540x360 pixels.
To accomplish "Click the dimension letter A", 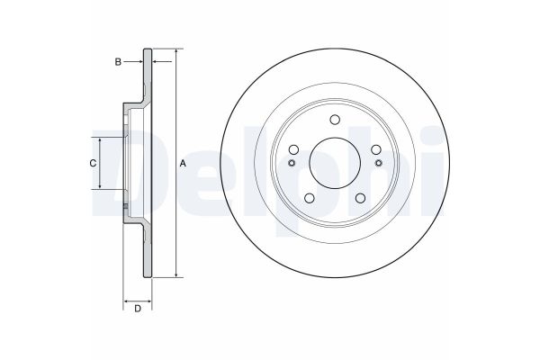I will click(184, 163).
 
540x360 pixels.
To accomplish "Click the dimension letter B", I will click(117, 61).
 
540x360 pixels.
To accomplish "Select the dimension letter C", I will click(92, 163).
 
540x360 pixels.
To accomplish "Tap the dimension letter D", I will click(138, 310).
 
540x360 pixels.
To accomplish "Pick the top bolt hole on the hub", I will click(335, 121).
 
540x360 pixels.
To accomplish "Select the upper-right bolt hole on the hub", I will click(375, 150).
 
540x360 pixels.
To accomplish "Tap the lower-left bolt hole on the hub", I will click(310, 198).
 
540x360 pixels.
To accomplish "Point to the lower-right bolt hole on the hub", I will click(360, 198).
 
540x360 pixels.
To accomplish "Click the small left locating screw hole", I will click(292, 163).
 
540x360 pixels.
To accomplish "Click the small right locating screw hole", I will click(377, 163).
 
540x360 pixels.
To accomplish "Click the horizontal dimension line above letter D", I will click(138, 299).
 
